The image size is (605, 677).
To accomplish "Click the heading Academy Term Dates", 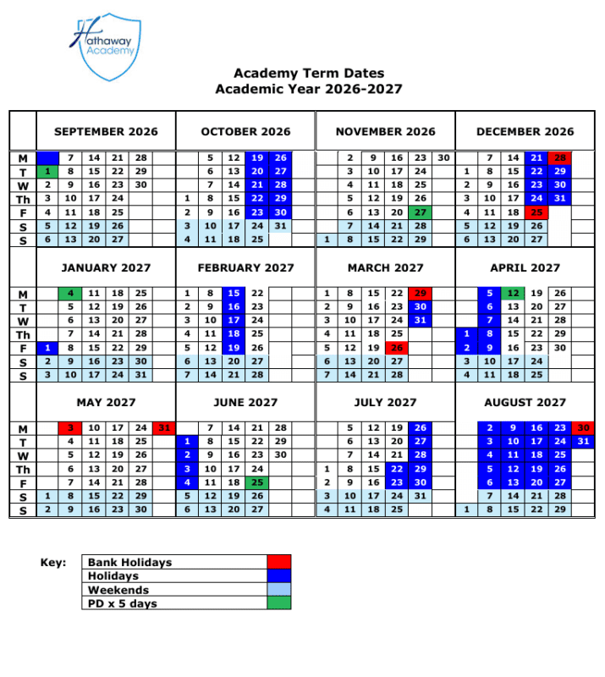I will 308,74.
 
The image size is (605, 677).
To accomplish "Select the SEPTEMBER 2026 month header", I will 106,131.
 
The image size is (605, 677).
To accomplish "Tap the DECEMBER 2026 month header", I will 525,131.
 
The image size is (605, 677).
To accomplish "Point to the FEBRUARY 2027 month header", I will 245,267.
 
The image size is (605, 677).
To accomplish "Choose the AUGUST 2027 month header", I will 525,403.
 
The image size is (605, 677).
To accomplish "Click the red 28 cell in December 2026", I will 559,158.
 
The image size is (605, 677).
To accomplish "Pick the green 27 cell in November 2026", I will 420,212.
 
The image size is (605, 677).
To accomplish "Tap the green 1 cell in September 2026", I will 48,172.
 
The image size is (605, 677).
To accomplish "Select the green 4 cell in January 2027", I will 71,294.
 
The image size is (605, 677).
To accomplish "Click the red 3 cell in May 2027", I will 71,429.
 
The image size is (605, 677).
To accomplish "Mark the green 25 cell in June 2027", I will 257,483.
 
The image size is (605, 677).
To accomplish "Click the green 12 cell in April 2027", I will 513,294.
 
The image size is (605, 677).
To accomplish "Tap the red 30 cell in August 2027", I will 583,429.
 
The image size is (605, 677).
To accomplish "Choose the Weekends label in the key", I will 118,590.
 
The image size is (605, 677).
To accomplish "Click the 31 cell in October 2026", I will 280,226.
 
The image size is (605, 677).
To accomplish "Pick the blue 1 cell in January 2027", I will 48,348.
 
